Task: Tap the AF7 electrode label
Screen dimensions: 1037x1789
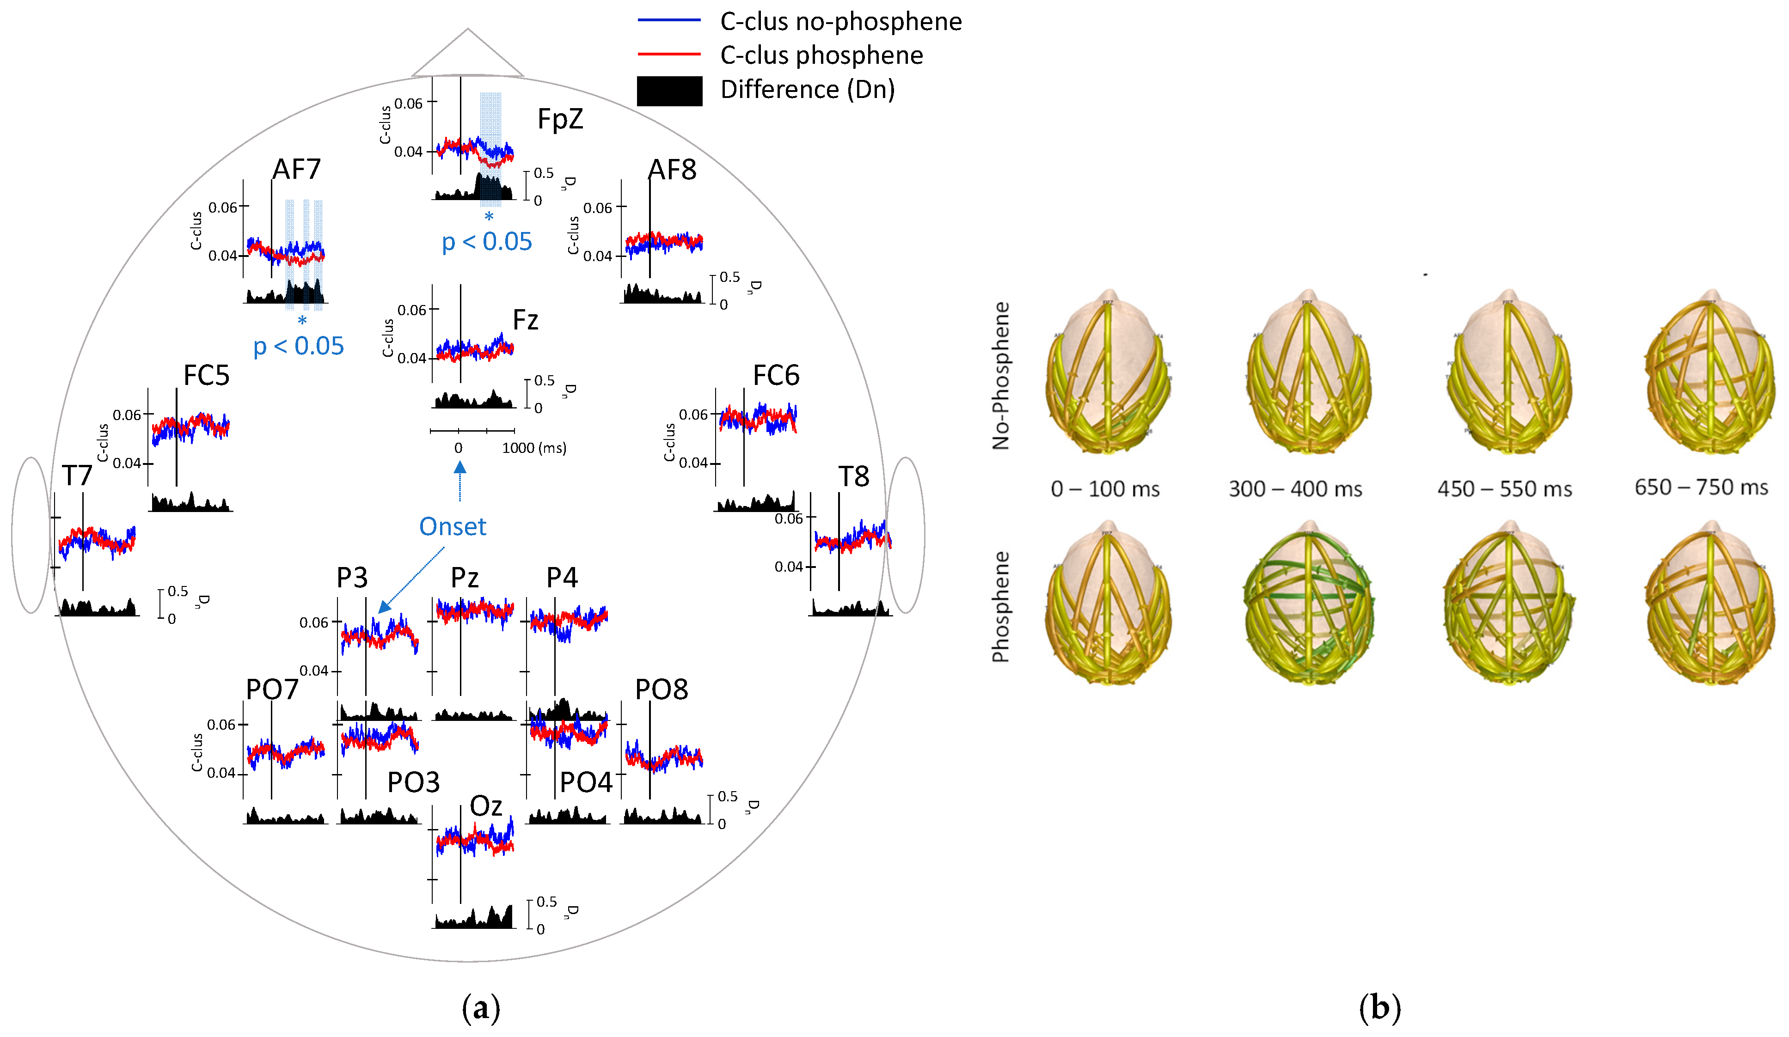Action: [297, 170]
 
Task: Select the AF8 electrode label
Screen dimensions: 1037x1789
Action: [672, 170]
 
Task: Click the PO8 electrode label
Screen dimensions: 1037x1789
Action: [661, 689]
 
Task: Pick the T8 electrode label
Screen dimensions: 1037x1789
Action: [853, 476]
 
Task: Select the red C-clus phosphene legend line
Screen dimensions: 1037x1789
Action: [669, 54]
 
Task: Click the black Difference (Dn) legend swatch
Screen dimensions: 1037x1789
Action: [669, 91]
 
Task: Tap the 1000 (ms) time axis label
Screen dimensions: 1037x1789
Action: [534, 448]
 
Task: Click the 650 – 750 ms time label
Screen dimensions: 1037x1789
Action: [1701, 488]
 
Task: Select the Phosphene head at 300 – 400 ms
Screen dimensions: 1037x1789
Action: [1308, 604]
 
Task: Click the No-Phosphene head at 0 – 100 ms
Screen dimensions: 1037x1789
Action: [1108, 372]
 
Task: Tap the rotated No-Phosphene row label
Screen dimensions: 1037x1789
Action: [1000, 376]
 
